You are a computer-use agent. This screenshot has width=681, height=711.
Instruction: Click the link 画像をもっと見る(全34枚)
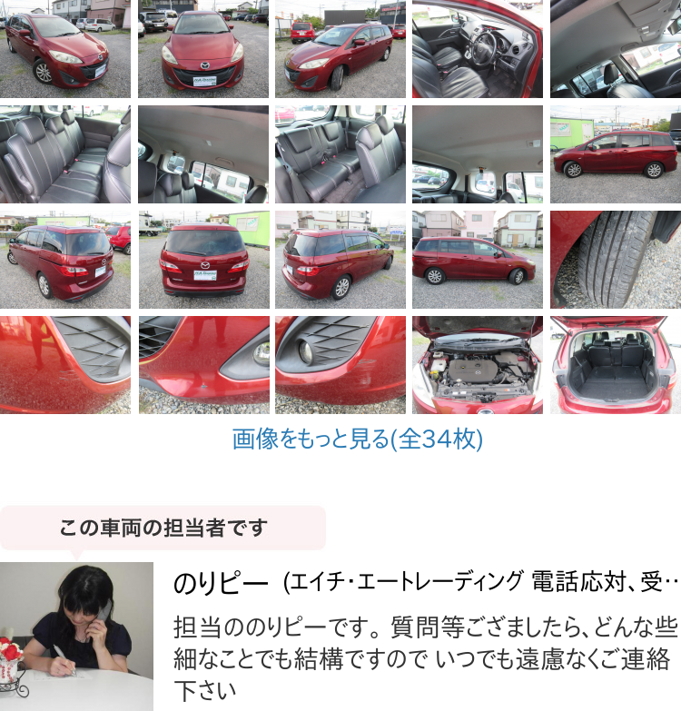tap(357, 439)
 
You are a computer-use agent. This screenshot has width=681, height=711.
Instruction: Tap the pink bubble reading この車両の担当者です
tap(163, 528)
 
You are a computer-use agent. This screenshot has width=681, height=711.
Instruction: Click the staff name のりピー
tap(221, 583)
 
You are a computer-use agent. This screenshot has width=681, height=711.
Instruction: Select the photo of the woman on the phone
tap(76, 637)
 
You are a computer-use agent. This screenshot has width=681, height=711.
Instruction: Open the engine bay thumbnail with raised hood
tap(478, 365)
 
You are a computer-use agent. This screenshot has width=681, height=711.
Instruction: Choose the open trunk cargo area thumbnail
tap(616, 365)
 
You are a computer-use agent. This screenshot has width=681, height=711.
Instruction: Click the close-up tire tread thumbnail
tap(616, 260)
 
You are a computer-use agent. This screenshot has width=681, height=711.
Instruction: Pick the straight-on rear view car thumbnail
tap(204, 260)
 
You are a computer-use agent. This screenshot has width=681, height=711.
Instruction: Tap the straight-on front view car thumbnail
tap(203, 49)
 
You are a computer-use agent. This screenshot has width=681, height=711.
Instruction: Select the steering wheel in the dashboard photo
tap(484, 47)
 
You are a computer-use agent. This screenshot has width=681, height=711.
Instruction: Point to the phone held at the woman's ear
tap(104, 612)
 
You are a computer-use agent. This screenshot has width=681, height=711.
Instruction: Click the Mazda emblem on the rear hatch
tap(205, 265)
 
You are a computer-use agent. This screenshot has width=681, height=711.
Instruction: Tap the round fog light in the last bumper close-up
tap(305, 352)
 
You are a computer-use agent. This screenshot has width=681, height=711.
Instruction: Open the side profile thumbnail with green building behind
tap(616, 154)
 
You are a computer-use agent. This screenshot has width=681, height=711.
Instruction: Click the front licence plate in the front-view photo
tap(205, 81)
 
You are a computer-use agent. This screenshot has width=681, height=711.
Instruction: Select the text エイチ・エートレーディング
tap(406, 582)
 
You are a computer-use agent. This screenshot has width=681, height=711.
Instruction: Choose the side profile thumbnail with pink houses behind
tap(478, 260)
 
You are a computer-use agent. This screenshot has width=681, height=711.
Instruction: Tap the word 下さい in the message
tap(205, 691)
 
